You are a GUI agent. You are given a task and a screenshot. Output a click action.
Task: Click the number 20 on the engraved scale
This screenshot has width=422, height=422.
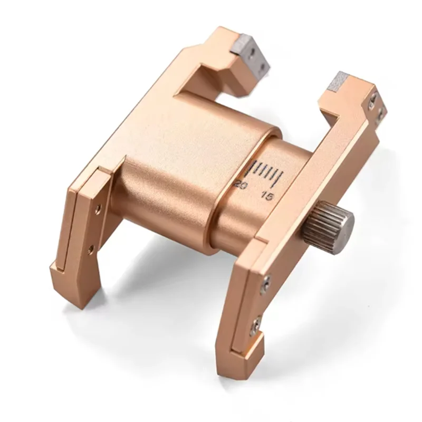(241, 185)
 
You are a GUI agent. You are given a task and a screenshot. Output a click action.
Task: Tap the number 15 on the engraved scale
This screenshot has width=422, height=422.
(267, 196)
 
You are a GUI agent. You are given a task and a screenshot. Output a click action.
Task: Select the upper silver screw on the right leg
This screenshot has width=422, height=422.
(266, 284)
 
